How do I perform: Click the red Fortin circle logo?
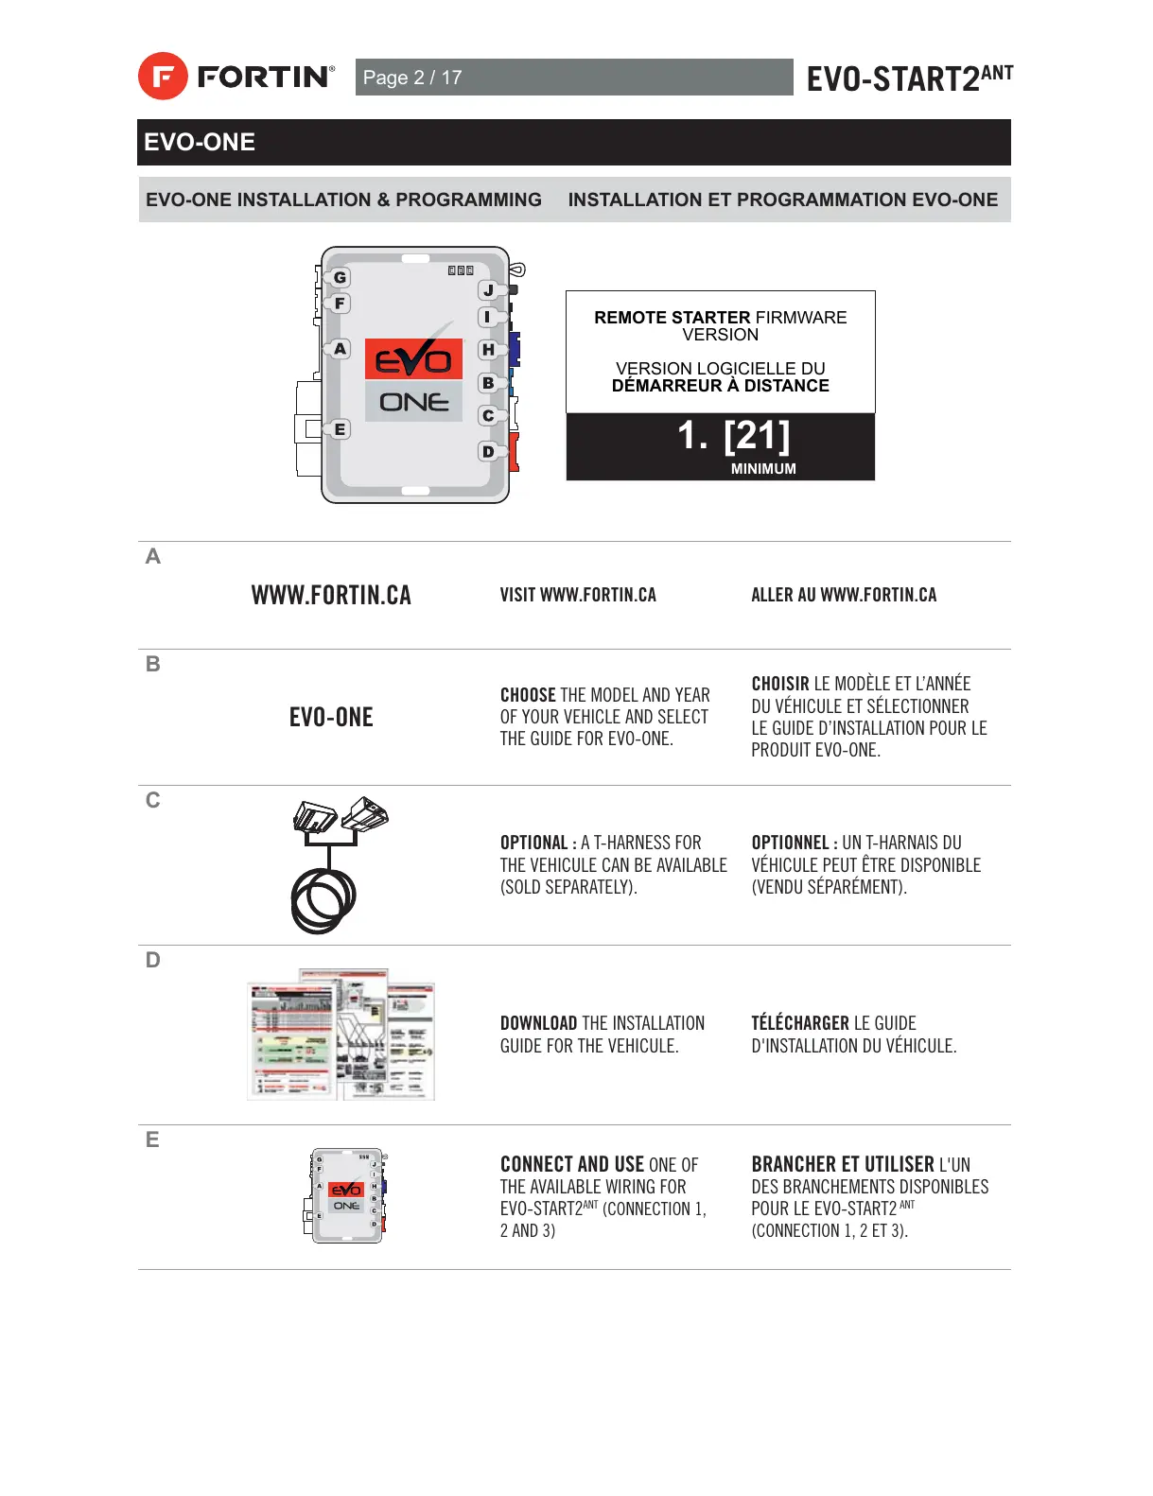pyautogui.click(x=163, y=77)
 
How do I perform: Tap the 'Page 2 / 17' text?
pyautogui.click(x=412, y=78)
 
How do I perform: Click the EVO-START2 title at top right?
pyautogui.click(x=908, y=78)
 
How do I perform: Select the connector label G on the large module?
pyautogui.click(x=340, y=277)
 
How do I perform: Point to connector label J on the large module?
pyautogui.click(x=488, y=290)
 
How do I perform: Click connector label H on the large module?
pyautogui.click(x=488, y=350)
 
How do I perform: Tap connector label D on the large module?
pyautogui.click(x=488, y=451)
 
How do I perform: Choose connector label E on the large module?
pyautogui.click(x=340, y=429)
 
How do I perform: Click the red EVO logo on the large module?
pyautogui.click(x=413, y=359)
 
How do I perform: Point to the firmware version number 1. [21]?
pyautogui.click(x=733, y=436)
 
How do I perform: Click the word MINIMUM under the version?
pyautogui.click(x=763, y=469)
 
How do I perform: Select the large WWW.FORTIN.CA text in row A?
pyautogui.click(x=331, y=595)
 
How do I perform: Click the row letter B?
pyautogui.click(x=153, y=665)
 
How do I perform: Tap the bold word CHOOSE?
pyautogui.click(x=528, y=695)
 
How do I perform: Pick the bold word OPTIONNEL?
pyautogui.click(x=790, y=843)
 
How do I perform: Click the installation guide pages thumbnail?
pyautogui.click(x=341, y=1035)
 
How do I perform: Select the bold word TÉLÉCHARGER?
pyautogui.click(x=800, y=1023)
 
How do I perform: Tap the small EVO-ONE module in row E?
pyautogui.click(x=346, y=1196)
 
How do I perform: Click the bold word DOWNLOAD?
pyautogui.click(x=538, y=1023)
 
